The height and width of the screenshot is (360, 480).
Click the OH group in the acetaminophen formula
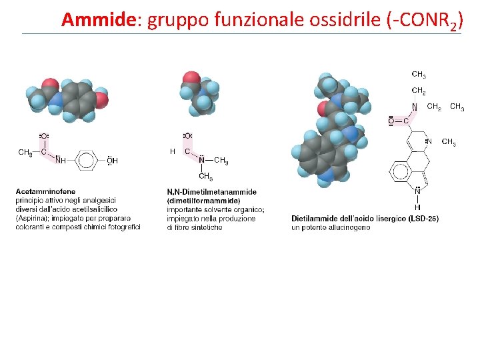pyautogui.click(x=111, y=160)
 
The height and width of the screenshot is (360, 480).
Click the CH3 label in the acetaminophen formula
pyautogui.click(x=25, y=153)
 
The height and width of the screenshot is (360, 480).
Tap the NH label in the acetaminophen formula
pyautogui.click(x=61, y=160)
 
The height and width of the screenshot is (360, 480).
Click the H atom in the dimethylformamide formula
pyautogui.click(x=173, y=151)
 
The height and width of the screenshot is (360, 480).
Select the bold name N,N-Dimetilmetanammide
pyautogui.click(x=202, y=192)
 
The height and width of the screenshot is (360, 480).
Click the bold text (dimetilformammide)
pyautogui.click(x=203, y=201)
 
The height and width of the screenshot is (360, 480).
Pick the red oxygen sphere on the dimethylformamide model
pyautogui.click(x=191, y=79)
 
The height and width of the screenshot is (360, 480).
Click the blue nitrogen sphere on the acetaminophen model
pyautogui.click(x=56, y=100)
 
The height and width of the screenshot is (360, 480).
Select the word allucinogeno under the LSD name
pyautogui.click(x=347, y=227)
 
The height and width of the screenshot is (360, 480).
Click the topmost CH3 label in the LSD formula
pyautogui.click(x=419, y=75)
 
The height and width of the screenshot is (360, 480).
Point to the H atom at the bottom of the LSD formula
pyautogui.click(x=417, y=207)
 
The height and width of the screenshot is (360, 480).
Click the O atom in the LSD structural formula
pyautogui.click(x=391, y=121)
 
